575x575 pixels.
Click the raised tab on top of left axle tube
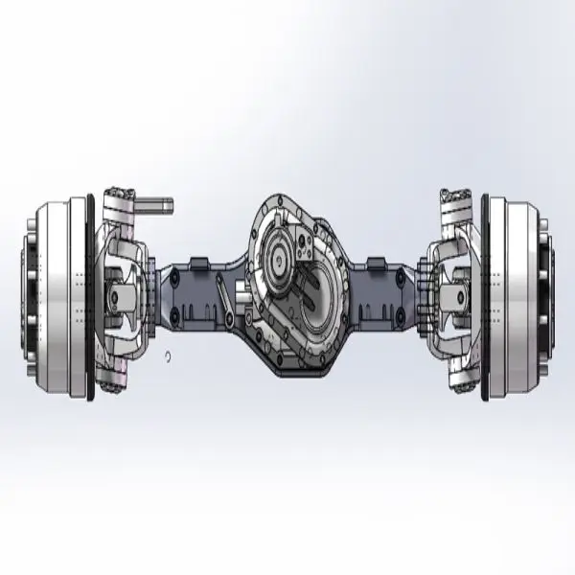[x=199, y=262]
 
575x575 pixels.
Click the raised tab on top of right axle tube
[x=376, y=262]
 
